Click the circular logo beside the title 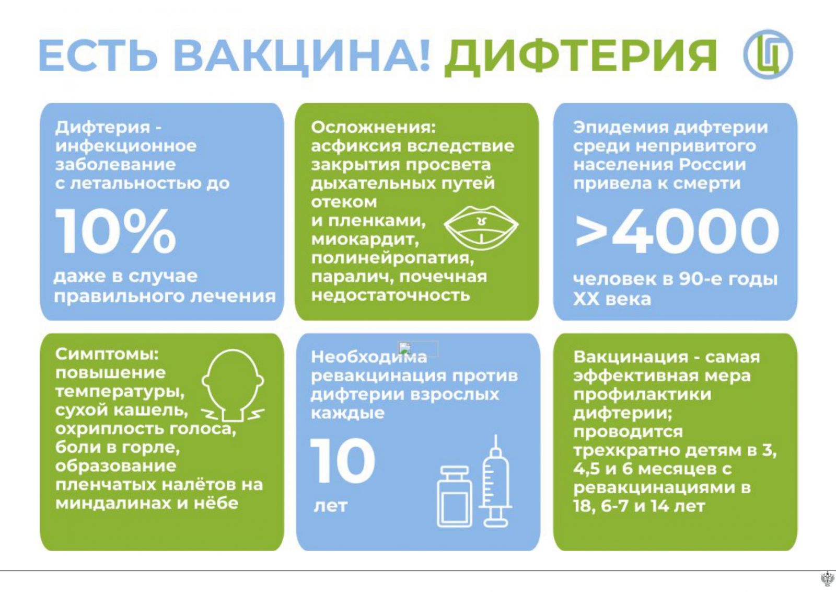768,54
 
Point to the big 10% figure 115,232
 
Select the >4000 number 677,232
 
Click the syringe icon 496,482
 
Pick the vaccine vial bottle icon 455,496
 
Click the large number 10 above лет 343,461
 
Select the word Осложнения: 373,128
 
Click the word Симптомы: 107,355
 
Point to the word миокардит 365,240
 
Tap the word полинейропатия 392,258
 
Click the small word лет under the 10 331,506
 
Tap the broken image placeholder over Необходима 418,349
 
